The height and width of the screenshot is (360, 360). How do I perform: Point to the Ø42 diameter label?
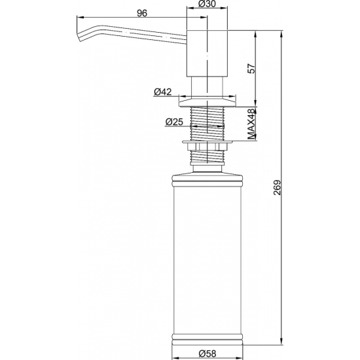162,92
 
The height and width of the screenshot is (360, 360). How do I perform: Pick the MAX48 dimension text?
251,124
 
